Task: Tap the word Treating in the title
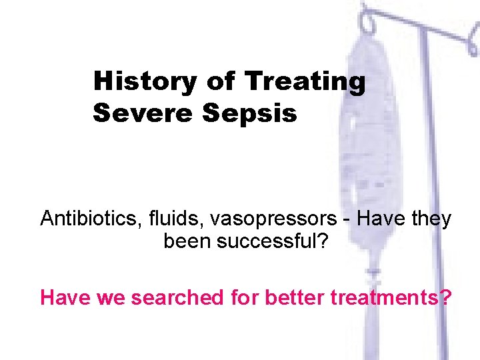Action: pos(305,81)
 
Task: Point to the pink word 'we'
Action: pos(111,298)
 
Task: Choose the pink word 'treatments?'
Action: pos(389,297)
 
